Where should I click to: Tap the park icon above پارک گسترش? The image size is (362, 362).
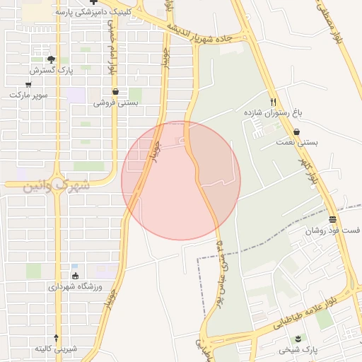click(50, 59)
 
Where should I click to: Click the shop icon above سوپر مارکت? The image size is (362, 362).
click(28, 84)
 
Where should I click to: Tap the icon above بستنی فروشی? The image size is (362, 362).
click(115, 92)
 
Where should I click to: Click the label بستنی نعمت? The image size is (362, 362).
click(296, 142)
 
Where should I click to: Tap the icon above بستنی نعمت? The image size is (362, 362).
click(296, 132)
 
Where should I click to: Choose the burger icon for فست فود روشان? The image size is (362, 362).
click(333, 219)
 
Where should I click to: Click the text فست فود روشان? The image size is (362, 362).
click(332, 230)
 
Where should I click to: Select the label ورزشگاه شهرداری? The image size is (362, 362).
click(76, 286)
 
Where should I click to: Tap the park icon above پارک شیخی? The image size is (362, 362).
click(298, 339)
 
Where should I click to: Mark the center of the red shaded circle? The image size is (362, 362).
click(181, 180)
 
